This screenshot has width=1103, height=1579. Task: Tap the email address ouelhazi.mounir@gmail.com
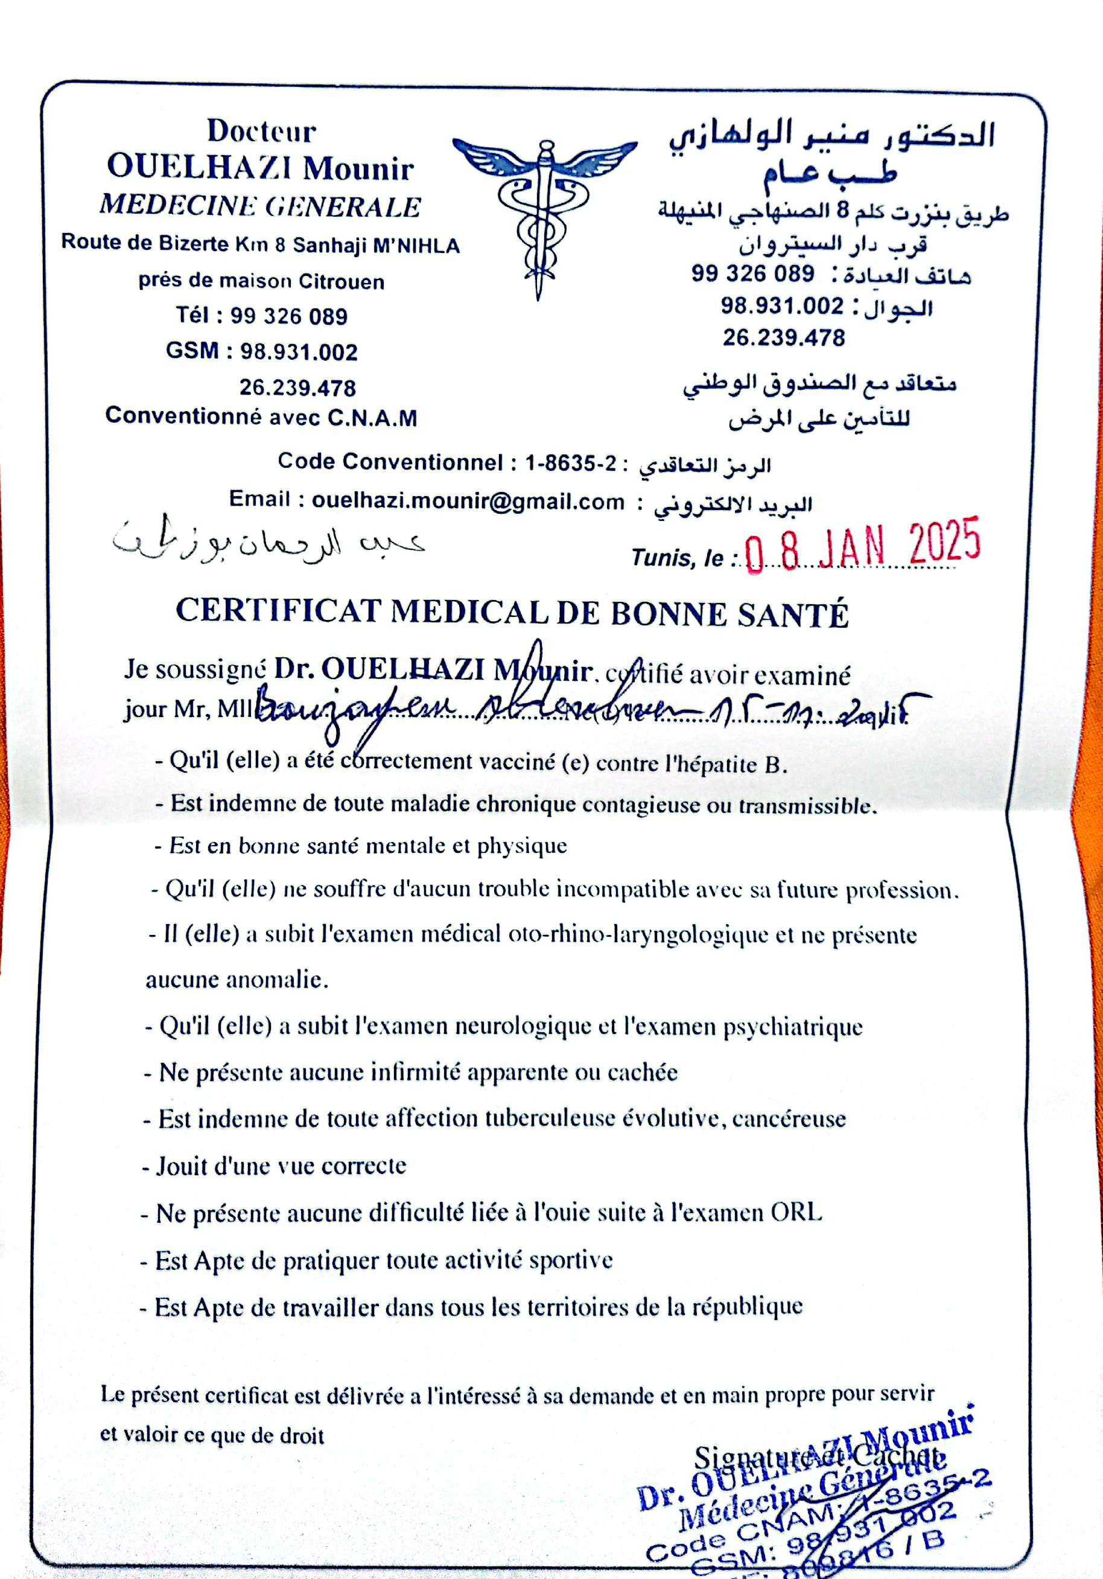[x=468, y=502]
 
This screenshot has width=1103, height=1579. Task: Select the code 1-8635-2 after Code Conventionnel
[x=571, y=463]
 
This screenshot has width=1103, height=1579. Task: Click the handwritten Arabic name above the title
[x=268, y=540]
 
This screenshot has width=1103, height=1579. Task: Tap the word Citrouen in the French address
[x=341, y=281]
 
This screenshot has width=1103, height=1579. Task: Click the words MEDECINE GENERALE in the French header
[x=260, y=206]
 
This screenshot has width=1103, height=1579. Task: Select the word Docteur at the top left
[x=261, y=130]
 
